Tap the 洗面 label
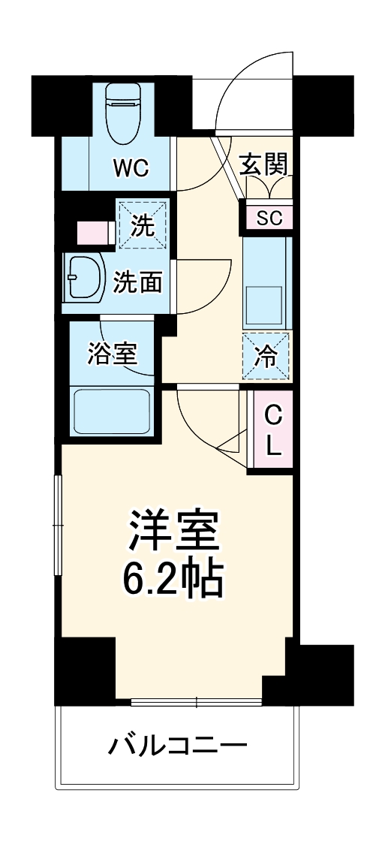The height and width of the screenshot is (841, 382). coord(137,282)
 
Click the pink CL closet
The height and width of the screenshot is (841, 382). coord(272,430)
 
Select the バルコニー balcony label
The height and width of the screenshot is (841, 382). coord(177,746)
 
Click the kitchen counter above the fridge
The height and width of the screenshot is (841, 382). coord(266,282)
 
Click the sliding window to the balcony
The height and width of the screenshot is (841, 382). coord(196,704)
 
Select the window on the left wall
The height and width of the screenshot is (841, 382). coord(57,526)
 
